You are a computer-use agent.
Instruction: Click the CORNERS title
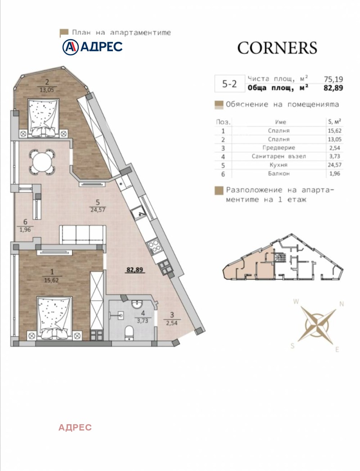click(x=277, y=48)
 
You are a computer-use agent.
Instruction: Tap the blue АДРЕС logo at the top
click(x=93, y=47)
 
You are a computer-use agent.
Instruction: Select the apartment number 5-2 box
click(x=229, y=84)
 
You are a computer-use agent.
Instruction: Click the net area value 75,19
click(x=333, y=79)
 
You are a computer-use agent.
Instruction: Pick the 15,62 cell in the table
click(x=335, y=130)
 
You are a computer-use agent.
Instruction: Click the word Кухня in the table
click(x=279, y=165)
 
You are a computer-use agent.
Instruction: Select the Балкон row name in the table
click(x=279, y=174)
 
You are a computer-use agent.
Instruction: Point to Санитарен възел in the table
click(x=279, y=156)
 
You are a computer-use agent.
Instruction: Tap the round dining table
click(x=42, y=162)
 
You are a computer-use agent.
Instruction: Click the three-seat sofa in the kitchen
click(x=82, y=234)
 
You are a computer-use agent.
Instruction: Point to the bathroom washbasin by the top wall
click(x=137, y=304)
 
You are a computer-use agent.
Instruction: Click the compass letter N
click(x=342, y=304)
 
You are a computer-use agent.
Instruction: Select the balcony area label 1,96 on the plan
click(x=25, y=230)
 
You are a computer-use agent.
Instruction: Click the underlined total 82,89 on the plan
click(x=135, y=269)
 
